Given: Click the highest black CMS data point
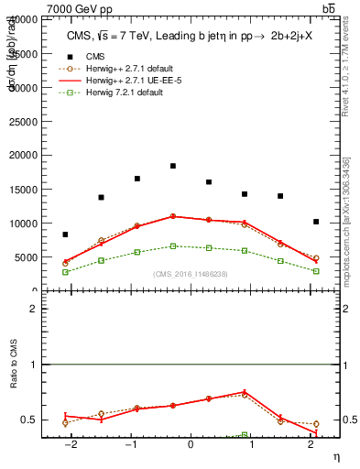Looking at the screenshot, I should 173,166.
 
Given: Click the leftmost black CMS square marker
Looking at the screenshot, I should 65,234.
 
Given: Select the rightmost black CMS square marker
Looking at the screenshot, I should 316,222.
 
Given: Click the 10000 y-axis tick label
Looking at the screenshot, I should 25,224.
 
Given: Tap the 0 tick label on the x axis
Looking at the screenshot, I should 191,446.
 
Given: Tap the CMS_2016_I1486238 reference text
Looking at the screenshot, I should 191,274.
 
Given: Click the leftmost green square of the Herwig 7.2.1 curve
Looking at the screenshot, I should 65,272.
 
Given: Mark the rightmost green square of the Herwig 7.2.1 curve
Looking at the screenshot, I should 316,271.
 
